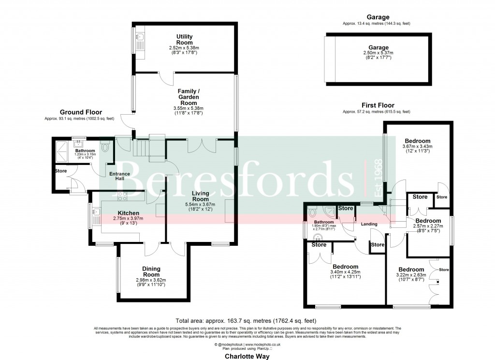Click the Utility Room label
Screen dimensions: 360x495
point(184,39)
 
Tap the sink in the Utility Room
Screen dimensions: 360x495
point(139,37)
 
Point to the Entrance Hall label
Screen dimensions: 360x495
point(119,176)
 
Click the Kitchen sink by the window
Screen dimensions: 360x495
point(95,212)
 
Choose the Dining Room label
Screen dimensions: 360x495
point(151,271)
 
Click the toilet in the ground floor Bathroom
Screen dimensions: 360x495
point(105,145)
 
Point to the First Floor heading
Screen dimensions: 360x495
point(378,105)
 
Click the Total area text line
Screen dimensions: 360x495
point(247,320)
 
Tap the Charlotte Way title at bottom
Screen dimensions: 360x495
point(247,356)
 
